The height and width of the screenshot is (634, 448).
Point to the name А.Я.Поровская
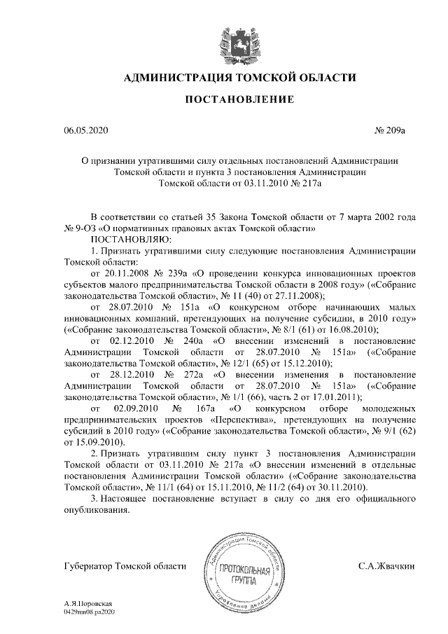[87, 603]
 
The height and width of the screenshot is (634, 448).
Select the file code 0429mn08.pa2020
[88, 612]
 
